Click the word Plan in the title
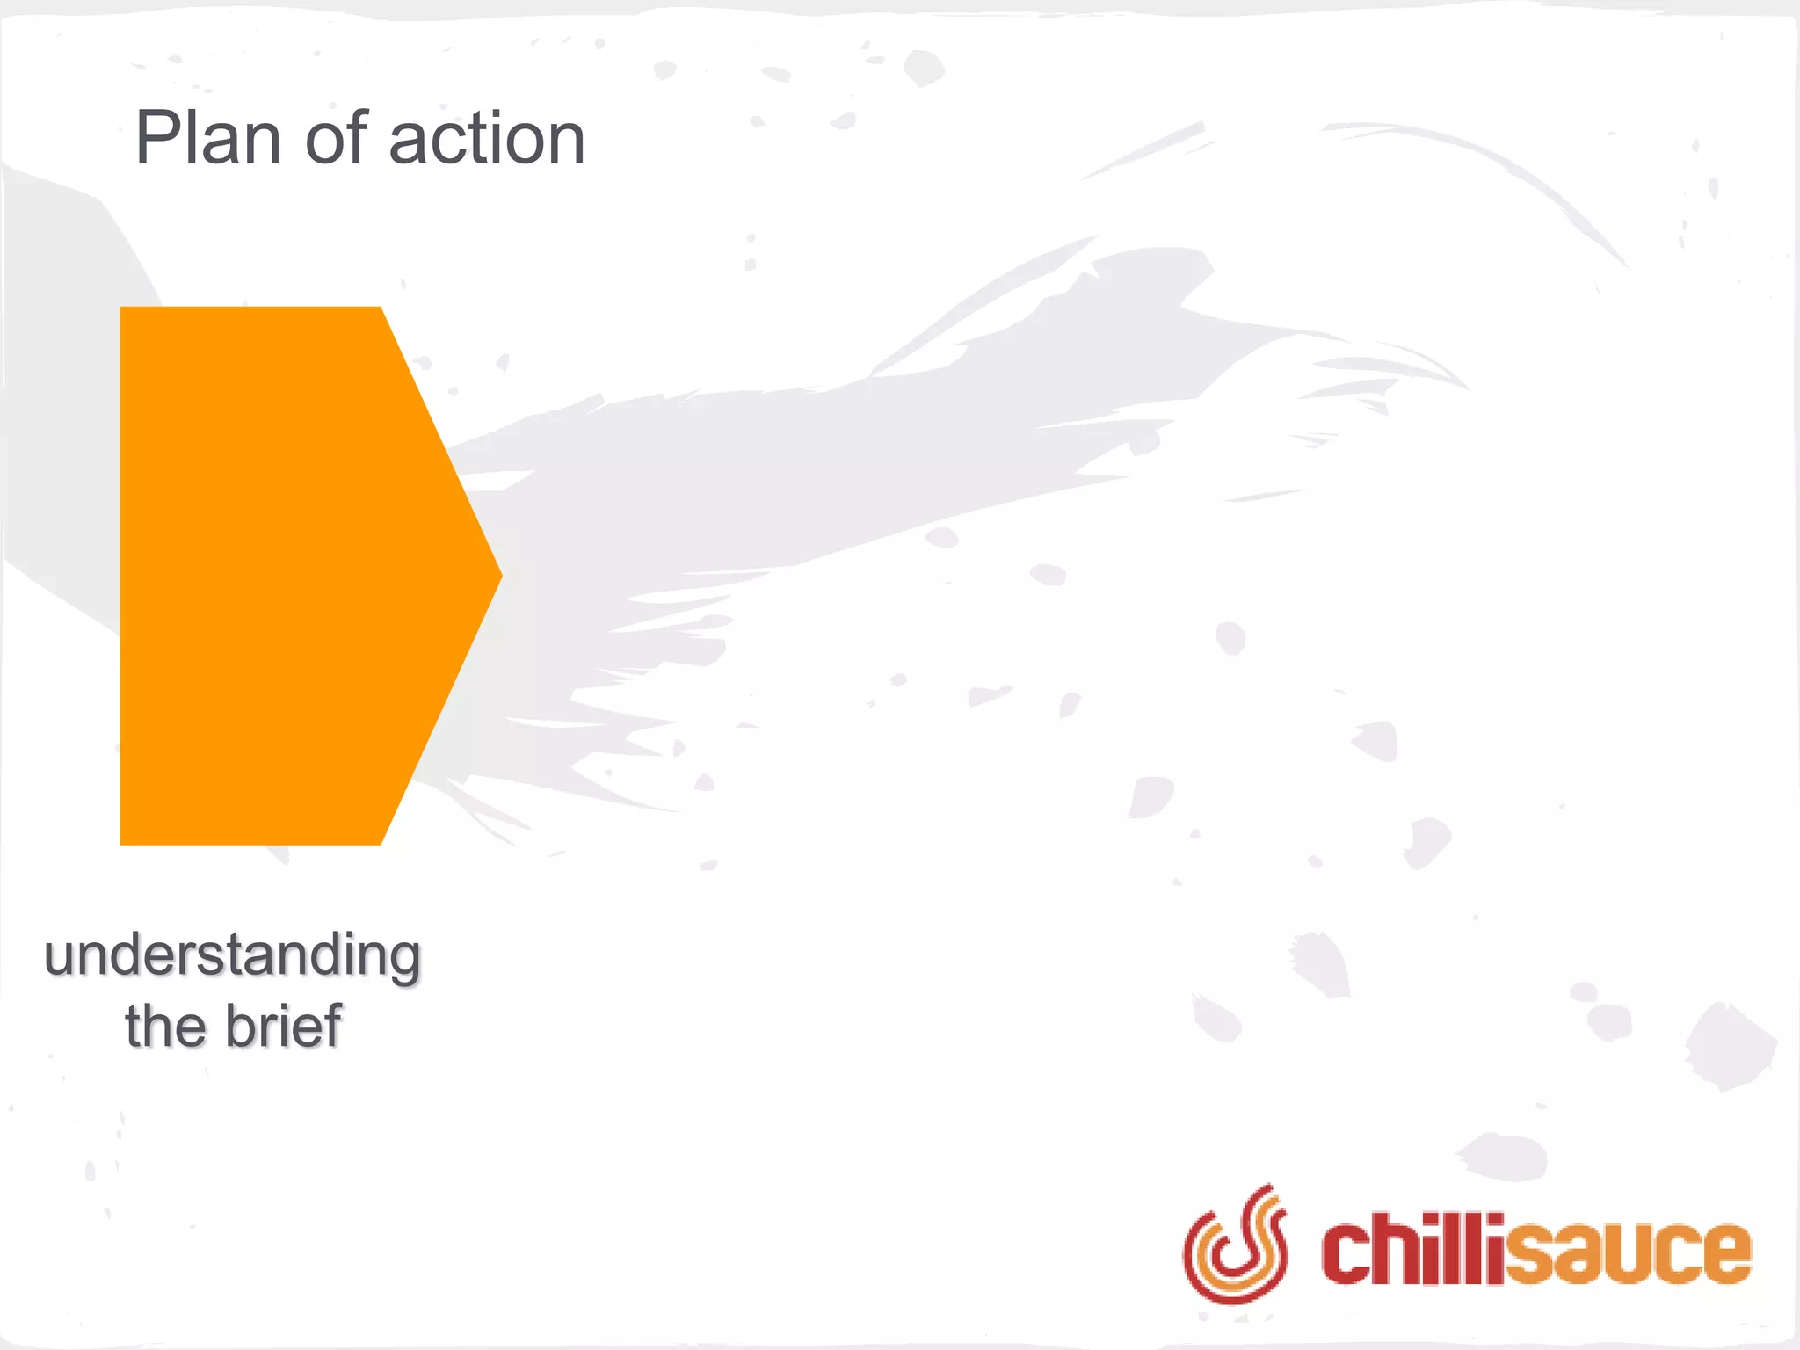pyautogui.click(x=207, y=139)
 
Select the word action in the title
pyautogui.click(x=487, y=139)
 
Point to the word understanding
pyautogui.click(x=233, y=956)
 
